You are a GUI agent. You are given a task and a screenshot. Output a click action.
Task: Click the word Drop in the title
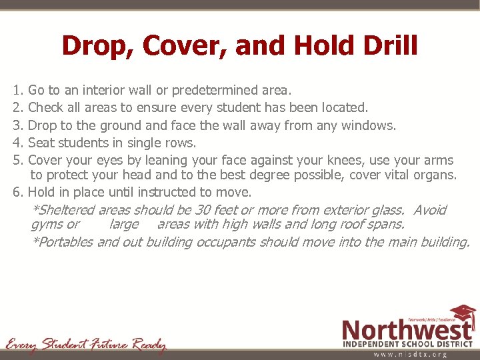[91, 46]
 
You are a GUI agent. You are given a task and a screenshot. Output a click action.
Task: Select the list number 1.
[17, 89]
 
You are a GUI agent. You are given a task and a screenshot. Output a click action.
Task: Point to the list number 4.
[17, 143]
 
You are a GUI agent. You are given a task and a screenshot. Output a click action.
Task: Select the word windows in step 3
[371, 125]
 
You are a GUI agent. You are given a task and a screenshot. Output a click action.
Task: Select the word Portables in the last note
[65, 242]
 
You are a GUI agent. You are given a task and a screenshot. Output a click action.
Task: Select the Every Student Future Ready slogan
[85, 345]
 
